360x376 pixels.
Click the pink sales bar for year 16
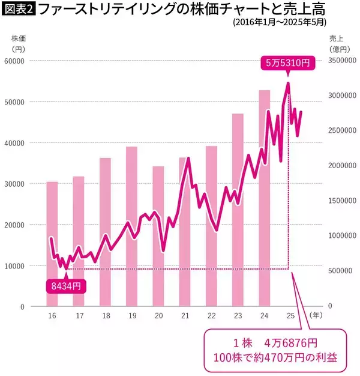pos(52,243)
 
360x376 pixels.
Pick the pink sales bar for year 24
pos(264,198)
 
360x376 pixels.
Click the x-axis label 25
pos(290,315)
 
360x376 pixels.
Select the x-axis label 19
pos(132,315)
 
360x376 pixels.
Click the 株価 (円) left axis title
pos(17,43)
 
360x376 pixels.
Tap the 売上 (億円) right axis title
pos(339,43)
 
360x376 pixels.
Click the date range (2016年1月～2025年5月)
pos(278,23)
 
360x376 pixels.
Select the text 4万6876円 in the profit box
pos(291,343)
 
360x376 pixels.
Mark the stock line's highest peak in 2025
pos(289,83)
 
